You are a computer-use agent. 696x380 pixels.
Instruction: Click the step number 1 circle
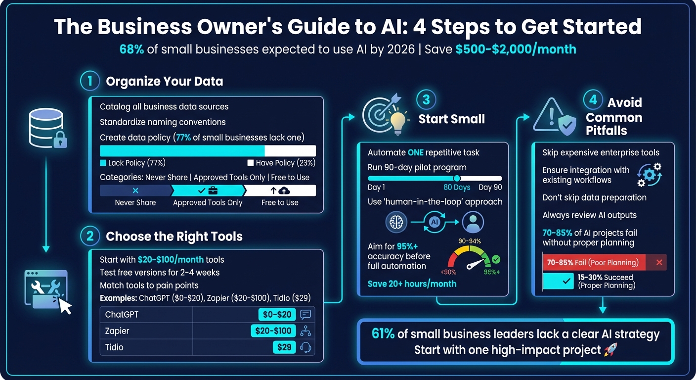coord(90,81)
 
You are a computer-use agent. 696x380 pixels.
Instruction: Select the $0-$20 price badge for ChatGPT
coord(277,314)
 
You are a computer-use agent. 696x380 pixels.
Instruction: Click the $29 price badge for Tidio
coord(284,347)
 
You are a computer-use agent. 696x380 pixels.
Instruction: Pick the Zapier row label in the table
coord(117,331)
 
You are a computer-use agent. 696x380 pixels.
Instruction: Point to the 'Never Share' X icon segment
coord(135,190)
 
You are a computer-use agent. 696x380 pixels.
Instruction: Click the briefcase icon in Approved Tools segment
coord(213,190)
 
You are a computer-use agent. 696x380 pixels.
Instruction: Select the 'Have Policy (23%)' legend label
coord(281,163)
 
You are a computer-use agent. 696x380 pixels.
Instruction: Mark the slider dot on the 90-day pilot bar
coord(457,178)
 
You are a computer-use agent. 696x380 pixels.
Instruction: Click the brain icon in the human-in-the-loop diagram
coord(396,222)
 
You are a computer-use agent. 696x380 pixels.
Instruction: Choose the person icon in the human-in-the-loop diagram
coord(473,222)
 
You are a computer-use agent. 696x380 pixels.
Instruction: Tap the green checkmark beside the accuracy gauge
coord(496,259)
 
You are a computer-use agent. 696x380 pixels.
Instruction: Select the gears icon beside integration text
coord(649,175)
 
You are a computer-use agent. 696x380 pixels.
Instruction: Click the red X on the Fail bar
coord(659,262)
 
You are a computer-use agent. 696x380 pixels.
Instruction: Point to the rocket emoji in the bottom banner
coord(611,350)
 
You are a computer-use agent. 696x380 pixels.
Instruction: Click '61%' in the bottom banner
coord(383,334)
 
